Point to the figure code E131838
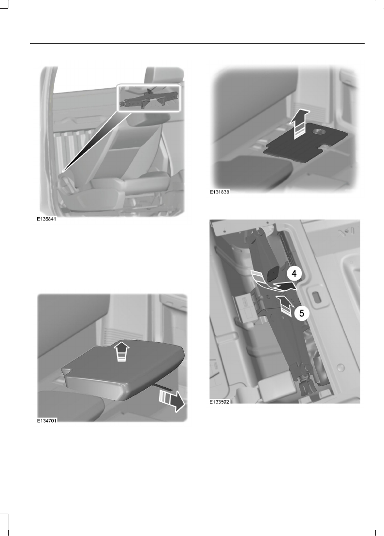tap(219, 192)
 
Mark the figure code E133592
tap(220, 402)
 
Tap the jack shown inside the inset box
tap(148, 99)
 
